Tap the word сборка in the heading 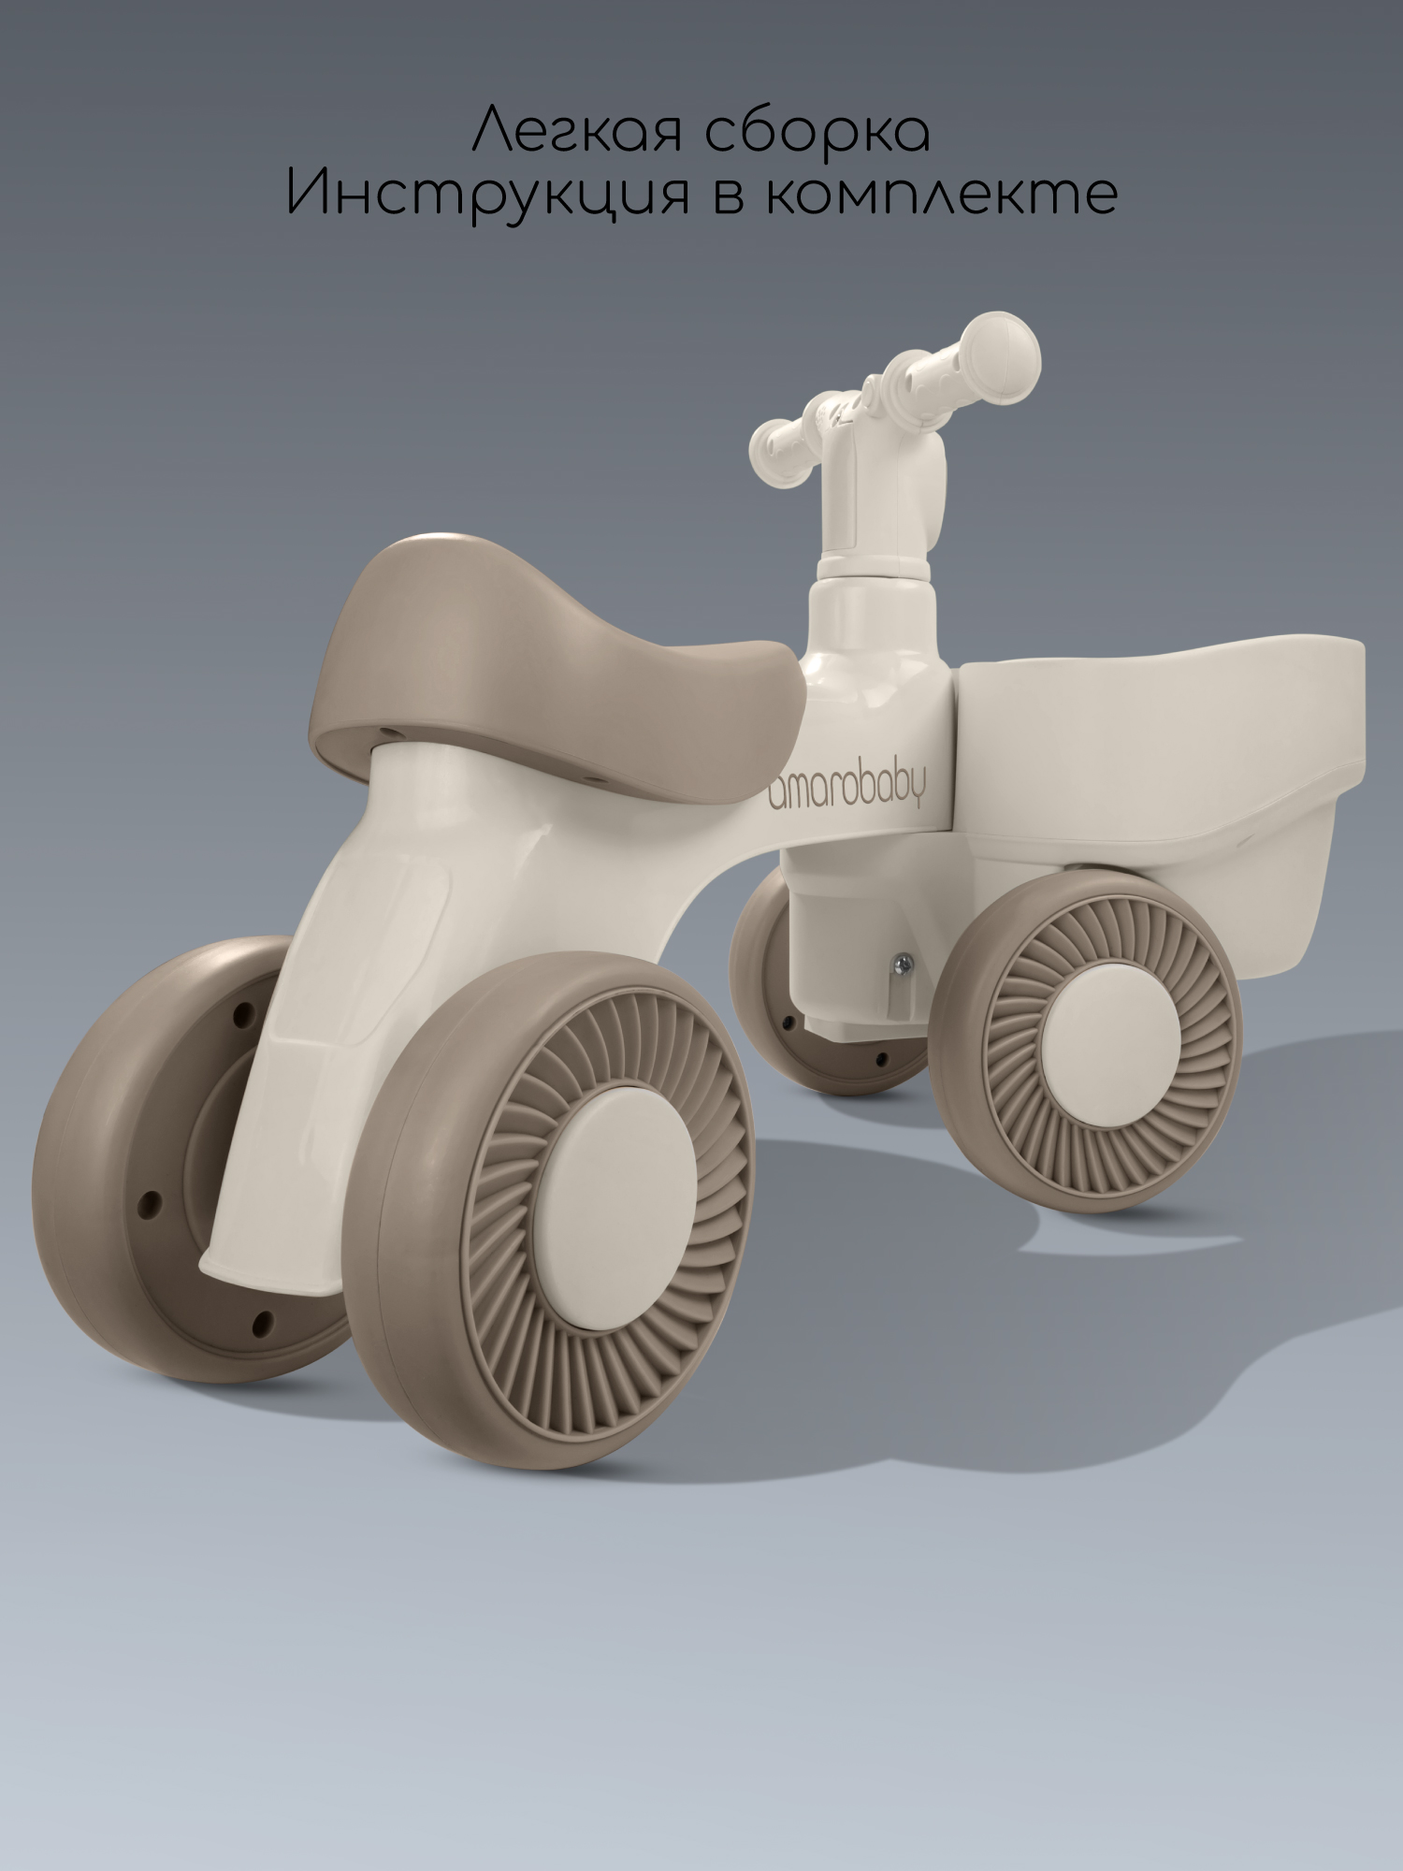[x=817, y=130]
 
